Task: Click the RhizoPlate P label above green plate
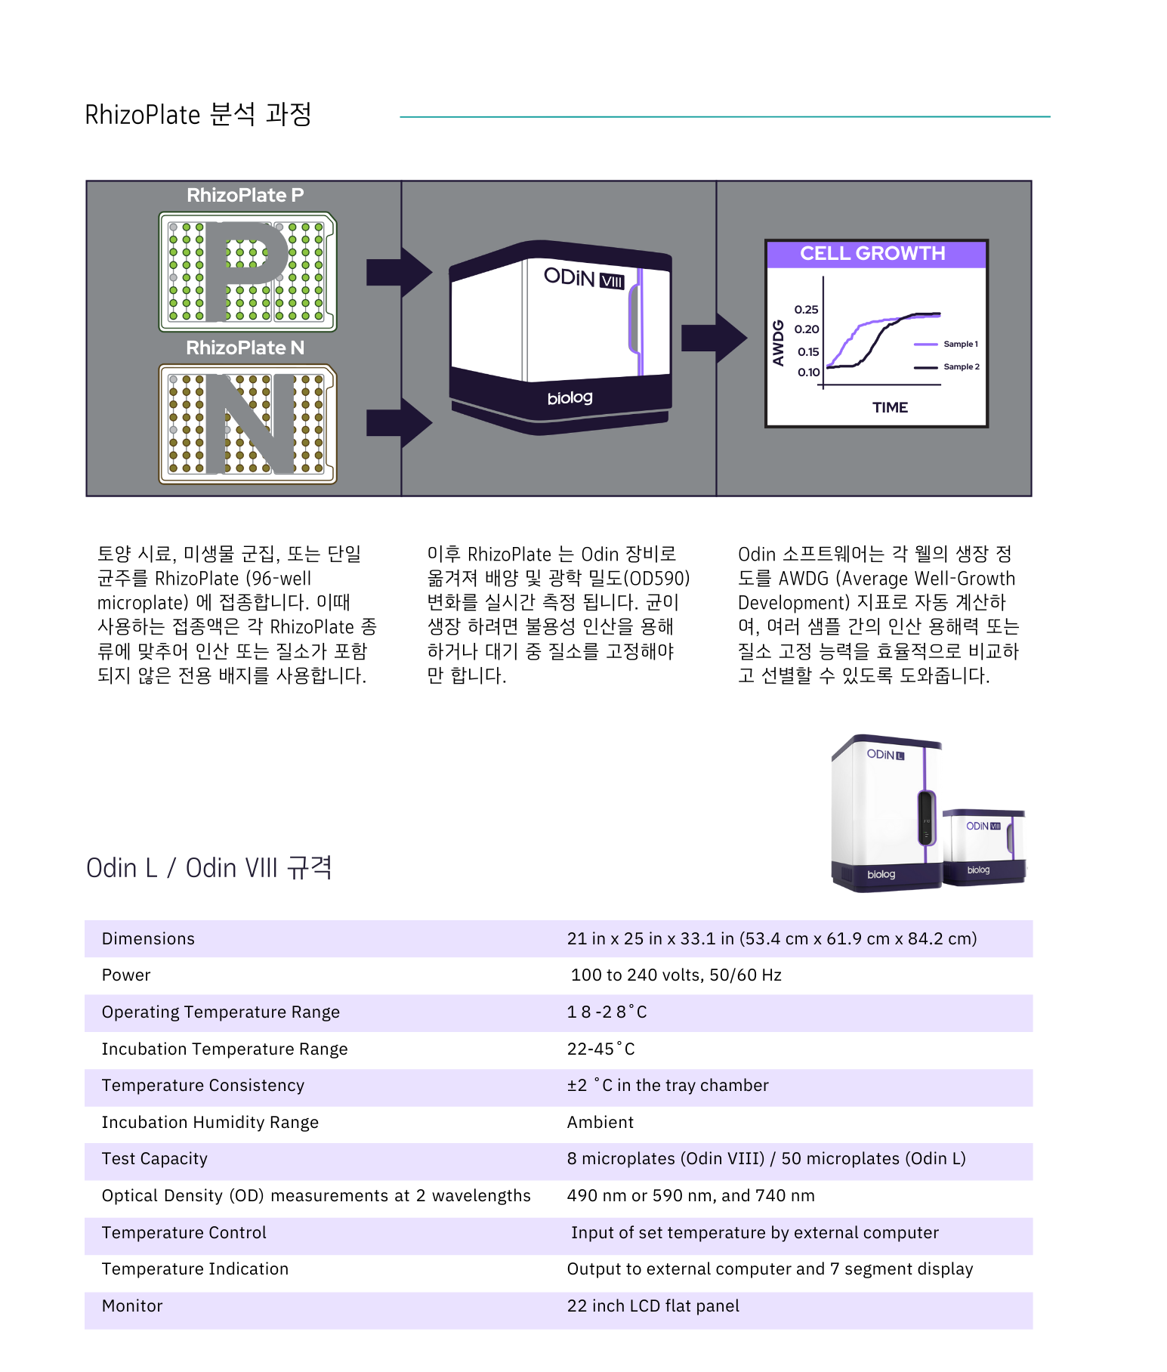tap(245, 196)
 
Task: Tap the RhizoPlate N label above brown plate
tap(245, 348)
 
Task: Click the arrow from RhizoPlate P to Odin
tap(398, 272)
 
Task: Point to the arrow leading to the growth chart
tap(713, 338)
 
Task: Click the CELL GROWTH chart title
tap(872, 254)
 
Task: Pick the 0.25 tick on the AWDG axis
tap(806, 310)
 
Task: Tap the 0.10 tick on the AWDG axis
tap(807, 372)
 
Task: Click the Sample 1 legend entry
tap(959, 345)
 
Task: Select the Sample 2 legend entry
tap(960, 367)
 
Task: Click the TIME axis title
tap(890, 408)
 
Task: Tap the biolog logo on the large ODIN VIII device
tap(570, 398)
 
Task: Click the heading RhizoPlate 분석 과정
tap(198, 115)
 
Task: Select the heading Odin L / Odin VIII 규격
tap(209, 868)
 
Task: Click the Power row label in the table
tap(126, 975)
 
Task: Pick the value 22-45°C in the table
tap(600, 1049)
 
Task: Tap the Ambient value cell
tap(600, 1123)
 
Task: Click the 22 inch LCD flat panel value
tap(653, 1306)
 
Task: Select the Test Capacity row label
tap(154, 1159)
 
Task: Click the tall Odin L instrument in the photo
tap(884, 812)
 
